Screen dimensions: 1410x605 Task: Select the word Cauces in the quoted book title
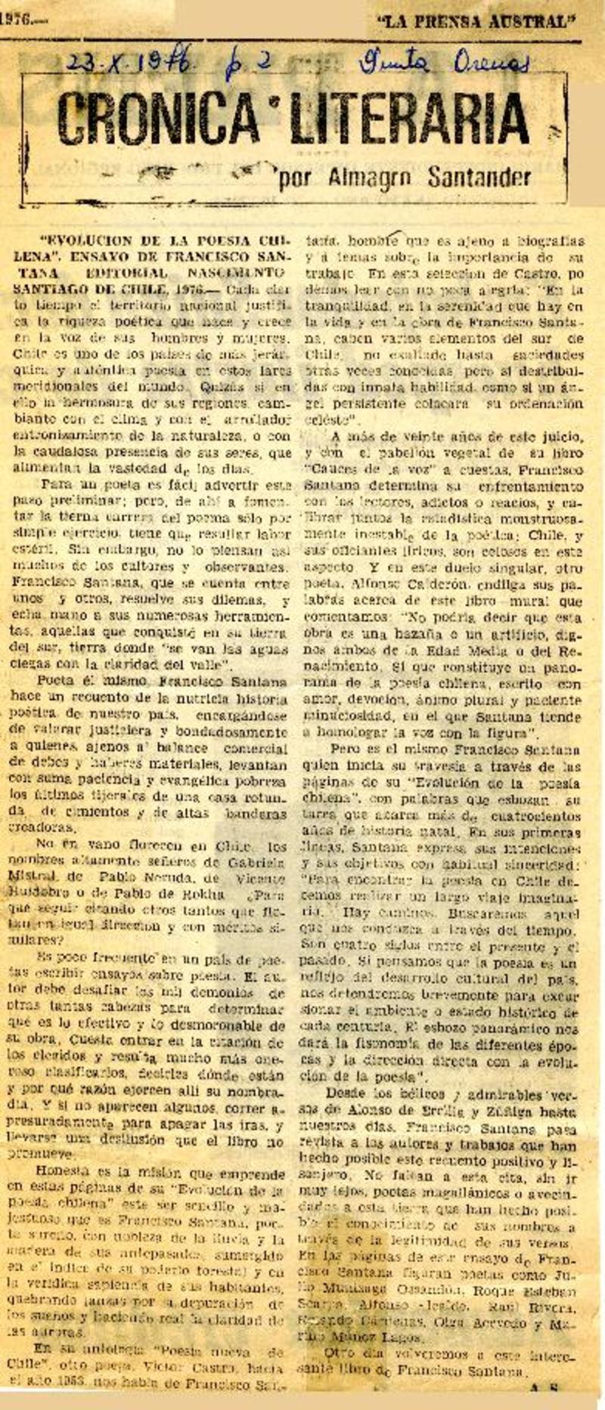pyautogui.click(x=328, y=469)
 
